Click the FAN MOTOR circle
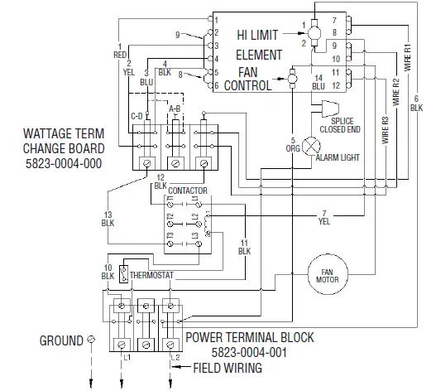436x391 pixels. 326,276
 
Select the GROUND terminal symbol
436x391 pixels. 91,340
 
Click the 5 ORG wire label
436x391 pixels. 293,144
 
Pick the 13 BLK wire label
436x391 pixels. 108,218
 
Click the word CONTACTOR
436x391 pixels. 187,190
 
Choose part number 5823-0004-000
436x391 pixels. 64,164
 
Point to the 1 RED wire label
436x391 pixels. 120,51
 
